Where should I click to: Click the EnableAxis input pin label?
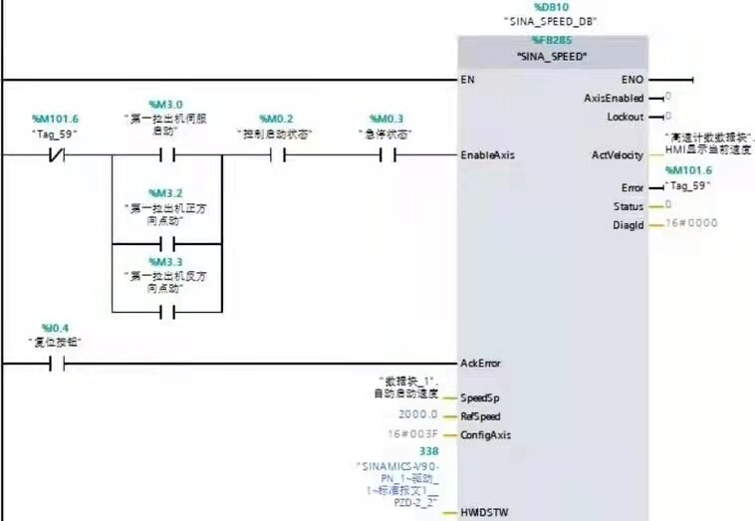click(x=488, y=154)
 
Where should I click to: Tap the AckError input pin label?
click(x=480, y=364)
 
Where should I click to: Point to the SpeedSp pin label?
click(x=479, y=397)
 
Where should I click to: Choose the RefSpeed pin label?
click(x=480, y=416)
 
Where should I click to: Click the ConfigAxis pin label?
click(x=486, y=435)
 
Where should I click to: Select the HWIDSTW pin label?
click(x=484, y=513)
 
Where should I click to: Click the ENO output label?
click(x=631, y=79)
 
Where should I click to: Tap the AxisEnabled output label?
click(x=614, y=98)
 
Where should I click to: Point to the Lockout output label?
click(x=625, y=117)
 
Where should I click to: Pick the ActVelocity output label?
click(x=617, y=154)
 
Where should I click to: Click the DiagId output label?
click(x=629, y=224)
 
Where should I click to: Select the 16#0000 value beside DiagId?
click(x=684, y=225)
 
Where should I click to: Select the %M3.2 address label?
click(x=164, y=192)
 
